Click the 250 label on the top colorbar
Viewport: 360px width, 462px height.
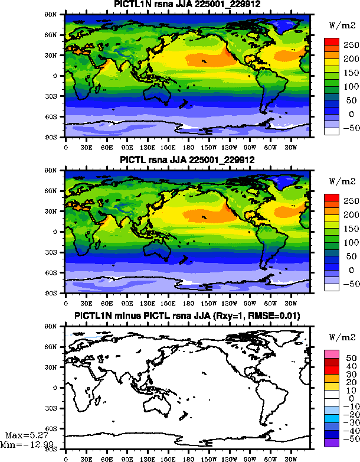(x=351, y=45)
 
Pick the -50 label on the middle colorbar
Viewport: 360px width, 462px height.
(x=351, y=284)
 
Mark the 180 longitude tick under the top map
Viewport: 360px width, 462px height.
(x=188, y=148)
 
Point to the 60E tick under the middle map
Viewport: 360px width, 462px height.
(x=106, y=304)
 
